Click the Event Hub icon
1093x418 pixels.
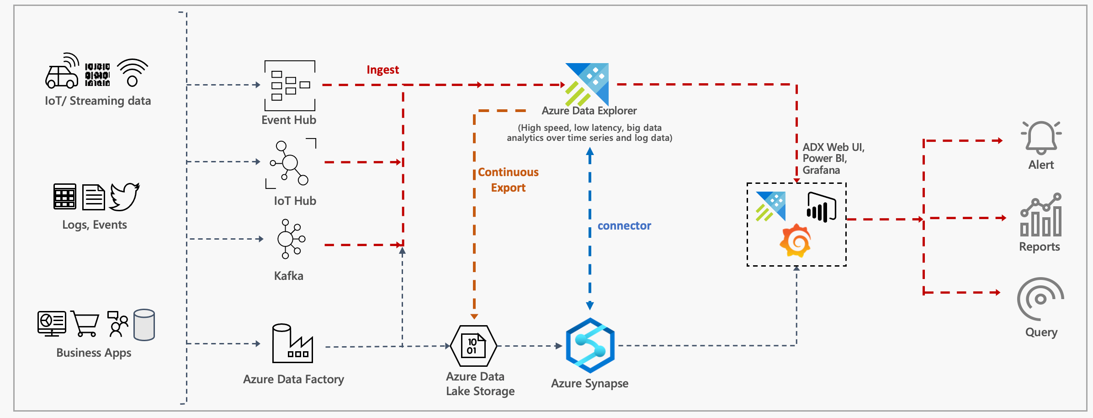pyautogui.click(x=290, y=86)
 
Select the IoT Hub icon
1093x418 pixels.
pyautogui.click(x=290, y=163)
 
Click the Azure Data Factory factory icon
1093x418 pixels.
pyautogui.click(x=292, y=343)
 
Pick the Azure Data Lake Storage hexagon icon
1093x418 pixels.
pyautogui.click(x=473, y=346)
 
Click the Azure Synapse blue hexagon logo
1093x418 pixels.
pyautogui.click(x=590, y=345)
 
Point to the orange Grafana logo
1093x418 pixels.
pyautogui.click(x=795, y=241)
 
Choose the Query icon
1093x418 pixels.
pyautogui.click(x=1040, y=299)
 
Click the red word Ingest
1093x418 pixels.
pyautogui.click(x=382, y=70)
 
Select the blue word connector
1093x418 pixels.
pyautogui.click(x=624, y=226)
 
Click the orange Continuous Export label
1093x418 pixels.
pyautogui.click(x=508, y=180)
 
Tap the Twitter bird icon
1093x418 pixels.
pyautogui.click(x=124, y=197)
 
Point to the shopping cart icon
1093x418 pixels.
pyautogui.click(x=85, y=324)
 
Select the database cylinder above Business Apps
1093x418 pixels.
pyautogui.click(x=144, y=325)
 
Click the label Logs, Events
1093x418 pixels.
pyautogui.click(x=95, y=225)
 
